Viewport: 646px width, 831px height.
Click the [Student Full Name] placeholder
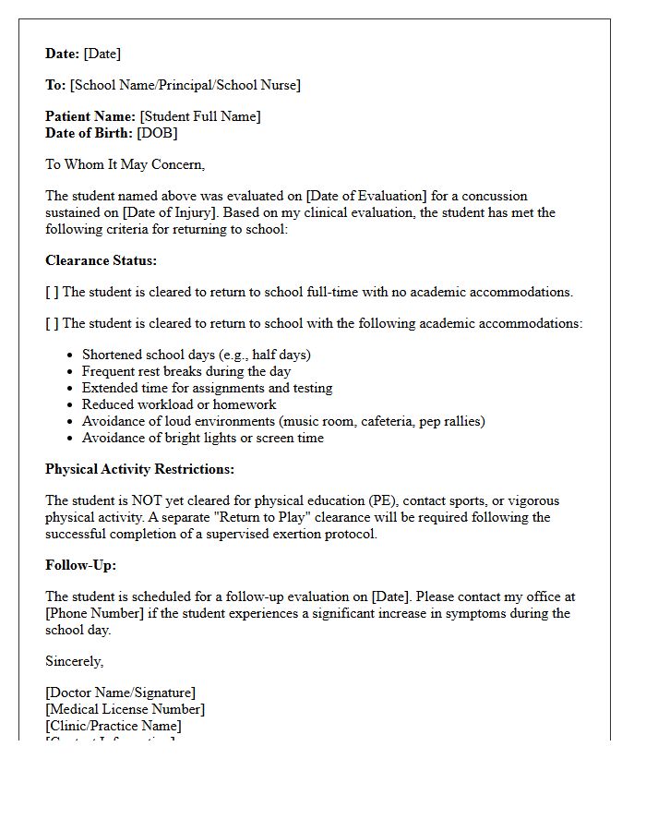point(200,116)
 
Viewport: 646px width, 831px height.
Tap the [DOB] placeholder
point(157,133)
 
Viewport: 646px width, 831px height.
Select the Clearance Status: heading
point(101,260)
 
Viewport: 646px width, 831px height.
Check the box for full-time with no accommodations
point(52,292)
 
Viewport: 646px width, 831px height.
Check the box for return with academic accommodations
point(52,323)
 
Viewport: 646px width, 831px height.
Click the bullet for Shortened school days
point(196,355)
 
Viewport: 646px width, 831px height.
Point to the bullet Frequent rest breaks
point(186,371)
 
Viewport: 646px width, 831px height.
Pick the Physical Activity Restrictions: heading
point(139,469)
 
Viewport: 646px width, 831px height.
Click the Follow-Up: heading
point(80,565)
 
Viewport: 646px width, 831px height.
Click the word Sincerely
point(74,661)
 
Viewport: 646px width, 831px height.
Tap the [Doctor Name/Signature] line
point(120,692)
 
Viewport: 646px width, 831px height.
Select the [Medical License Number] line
point(125,709)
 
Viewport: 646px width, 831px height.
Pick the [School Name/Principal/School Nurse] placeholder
point(185,85)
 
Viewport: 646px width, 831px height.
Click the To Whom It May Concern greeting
point(125,164)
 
